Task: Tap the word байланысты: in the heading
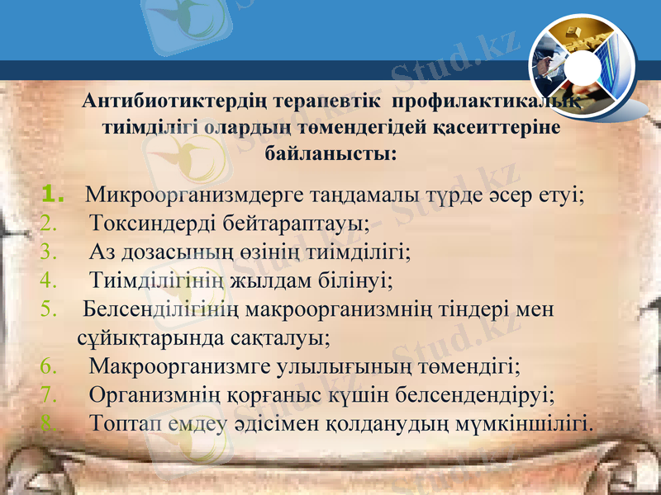pyautogui.click(x=330, y=153)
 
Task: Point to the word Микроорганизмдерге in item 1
pyautogui.click(x=181, y=196)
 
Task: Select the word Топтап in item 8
pyautogui.click(x=124, y=422)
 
